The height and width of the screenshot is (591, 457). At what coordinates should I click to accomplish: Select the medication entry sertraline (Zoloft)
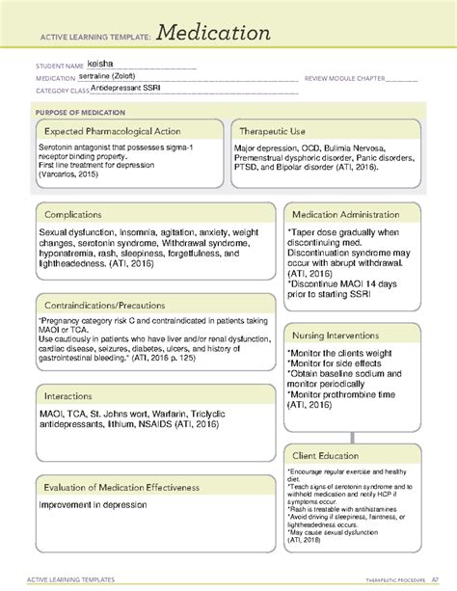click(x=126, y=79)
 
